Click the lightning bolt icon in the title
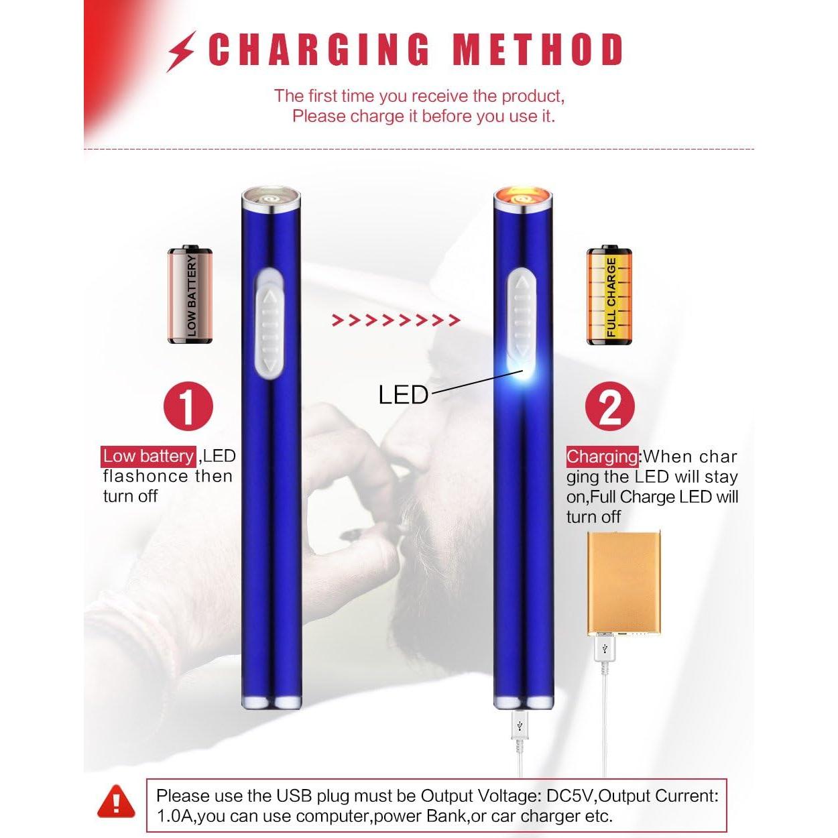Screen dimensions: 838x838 (x=181, y=51)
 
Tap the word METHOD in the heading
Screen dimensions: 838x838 (x=538, y=50)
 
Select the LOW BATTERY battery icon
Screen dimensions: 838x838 (x=190, y=295)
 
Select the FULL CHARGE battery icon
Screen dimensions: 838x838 (x=609, y=296)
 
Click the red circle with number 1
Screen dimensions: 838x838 (x=188, y=406)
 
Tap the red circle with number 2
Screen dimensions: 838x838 (x=609, y=406)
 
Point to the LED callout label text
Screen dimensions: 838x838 (x=403, y=395)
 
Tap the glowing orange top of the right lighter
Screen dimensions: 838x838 (x=524, y=198)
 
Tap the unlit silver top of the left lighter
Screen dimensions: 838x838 (x=271, y=198)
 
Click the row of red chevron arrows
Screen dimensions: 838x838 (x=396, y=320)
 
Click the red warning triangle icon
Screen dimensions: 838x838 (x=116, y=802)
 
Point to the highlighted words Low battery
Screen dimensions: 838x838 (x=148, y=457)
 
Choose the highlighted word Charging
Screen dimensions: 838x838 (x=603, y=457)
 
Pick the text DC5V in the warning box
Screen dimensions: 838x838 (x=571, y=796)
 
